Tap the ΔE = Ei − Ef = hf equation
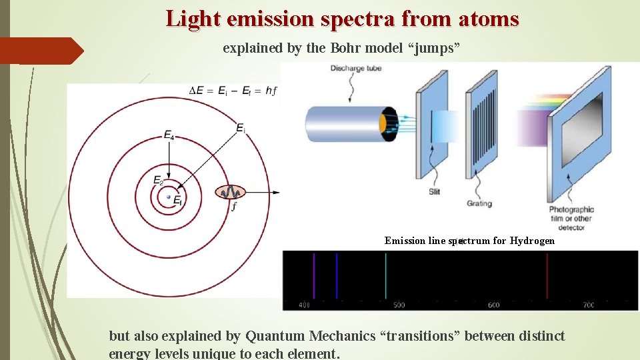point(233,91)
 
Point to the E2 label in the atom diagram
point(158,180)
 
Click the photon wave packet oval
point(230,193)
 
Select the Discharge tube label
point(356,69)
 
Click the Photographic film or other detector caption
point(571,218)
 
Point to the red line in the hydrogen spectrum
point(547,276)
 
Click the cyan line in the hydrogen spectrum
point(385,276)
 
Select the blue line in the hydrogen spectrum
point(337,276)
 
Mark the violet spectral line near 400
point(314,276)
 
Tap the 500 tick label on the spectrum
point(399,305)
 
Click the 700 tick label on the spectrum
point(588,305)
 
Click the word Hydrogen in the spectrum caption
point(532,241)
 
